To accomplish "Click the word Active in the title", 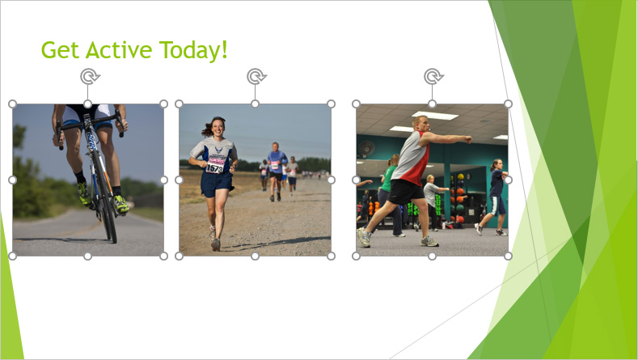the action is (x=119, y=49).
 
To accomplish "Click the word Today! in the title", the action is (x=193, y=50).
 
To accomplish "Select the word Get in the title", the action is (x=60, y=50).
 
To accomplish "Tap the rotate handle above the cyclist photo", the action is (x=90, y=76).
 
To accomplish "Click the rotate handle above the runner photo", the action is (x=256, y=76).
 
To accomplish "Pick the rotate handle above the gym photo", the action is (x=433, y=76).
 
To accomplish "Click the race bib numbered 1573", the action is (x=214, y=167).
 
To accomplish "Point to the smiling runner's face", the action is (x=218, y=128).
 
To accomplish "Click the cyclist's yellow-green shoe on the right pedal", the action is (x=120, y=205).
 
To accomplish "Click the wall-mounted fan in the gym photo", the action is (x=365, y=149).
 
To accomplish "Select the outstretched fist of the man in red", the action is (x=468, y=140).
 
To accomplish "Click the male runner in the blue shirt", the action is (x=277, y=171).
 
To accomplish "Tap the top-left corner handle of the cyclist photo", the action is (x=13, y=104).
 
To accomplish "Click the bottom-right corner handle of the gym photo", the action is (x=508, y=256).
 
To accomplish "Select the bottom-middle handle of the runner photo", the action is (x=255, y=256).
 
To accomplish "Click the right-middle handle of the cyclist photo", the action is (x=164, y=180).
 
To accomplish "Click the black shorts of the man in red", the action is (x=405, y=192).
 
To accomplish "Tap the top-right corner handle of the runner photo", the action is (x=332, y=104).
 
